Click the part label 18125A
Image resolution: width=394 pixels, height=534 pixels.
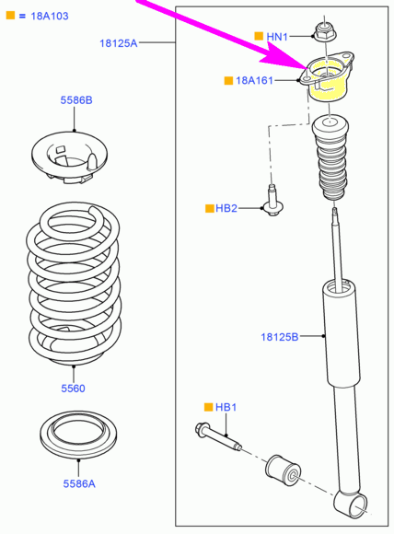pyautogui.click(x=118, y=43)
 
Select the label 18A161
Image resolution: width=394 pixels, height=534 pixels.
pyautogui.click(x=254, y=80)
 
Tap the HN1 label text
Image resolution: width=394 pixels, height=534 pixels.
pyautogui.click(x=277, y=37)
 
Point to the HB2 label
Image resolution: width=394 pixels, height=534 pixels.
pyautogui.click(x=226, y=208)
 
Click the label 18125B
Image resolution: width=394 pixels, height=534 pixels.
pyautogui.click(x=280, y=337)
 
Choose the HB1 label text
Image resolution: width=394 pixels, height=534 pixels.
pyautogui.click(x=226, y=407)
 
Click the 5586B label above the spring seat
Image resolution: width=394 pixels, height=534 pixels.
pyautogui.click(x=76, y=100)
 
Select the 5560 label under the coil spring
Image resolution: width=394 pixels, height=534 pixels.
pyautogui.click(x=73, y=389)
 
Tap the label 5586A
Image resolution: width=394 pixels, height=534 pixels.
pyautogui.click(x=79, y=483)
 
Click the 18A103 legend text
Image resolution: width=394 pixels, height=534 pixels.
pyautogui.click(x=50, y=16)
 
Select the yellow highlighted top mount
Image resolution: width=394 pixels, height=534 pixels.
pyautogui.click(x=326, y=76)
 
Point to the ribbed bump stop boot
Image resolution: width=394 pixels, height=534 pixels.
pyautogui.click(x=330, y=158)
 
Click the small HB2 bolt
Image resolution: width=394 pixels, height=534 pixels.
pyautogui.click(x=272, y=201)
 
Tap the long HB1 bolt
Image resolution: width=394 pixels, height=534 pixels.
pyautogui.click(x=219, y=437)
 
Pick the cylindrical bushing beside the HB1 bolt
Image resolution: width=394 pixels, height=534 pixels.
pyautogui.click(x=283, y=470)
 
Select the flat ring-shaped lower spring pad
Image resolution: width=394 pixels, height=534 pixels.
pyautogui.click(x=78, y=435)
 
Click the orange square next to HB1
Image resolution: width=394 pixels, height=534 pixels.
pyautogui.click(x=208, y=407)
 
